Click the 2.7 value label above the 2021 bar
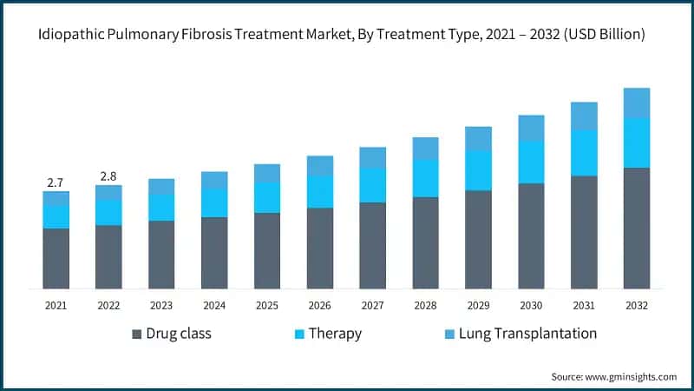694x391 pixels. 56,182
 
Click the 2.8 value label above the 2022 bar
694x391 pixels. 108,176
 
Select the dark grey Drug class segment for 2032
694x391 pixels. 637,228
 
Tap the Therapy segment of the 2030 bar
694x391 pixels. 531,162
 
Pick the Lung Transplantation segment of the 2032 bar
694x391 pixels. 637,103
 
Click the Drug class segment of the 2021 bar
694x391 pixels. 56,258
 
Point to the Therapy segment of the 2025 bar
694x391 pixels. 267,198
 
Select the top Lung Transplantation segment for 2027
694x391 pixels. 373,157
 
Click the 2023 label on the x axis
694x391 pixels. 161,306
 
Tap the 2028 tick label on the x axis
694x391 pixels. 425,306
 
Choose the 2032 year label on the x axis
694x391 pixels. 637,306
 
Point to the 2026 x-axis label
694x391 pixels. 320,306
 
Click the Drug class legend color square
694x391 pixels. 137,334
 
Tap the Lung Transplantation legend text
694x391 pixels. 527,334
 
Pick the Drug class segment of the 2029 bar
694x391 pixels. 478,239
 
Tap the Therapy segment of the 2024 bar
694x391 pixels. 214,202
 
